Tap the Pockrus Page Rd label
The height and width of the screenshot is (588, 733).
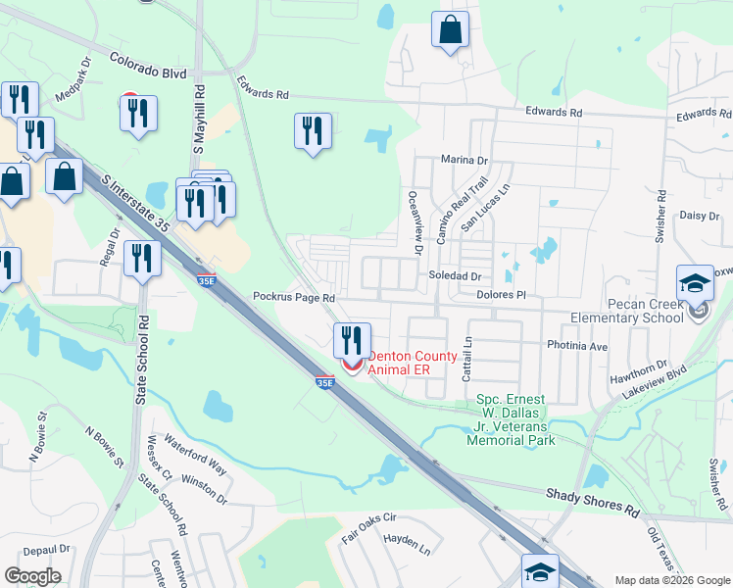(294, 296)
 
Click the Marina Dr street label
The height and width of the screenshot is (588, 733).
(464, 160)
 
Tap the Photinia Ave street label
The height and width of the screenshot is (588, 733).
(577, 346)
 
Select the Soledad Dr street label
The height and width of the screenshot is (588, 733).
(455, 277)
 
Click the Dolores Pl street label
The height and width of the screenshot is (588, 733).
(501, 294)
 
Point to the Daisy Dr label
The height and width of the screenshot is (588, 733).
(700, 216)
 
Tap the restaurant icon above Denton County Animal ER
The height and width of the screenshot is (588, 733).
(352, 340)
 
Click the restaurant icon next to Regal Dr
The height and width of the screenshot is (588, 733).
(143, 259)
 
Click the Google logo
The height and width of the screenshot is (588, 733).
(32, 576)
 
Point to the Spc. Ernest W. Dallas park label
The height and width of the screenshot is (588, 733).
(516, 419)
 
